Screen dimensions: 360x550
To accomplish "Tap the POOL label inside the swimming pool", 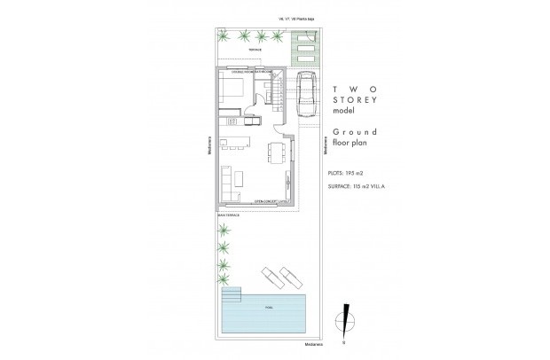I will tap(268, 309).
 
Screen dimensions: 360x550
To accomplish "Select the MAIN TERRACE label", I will tap(227, 214).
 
